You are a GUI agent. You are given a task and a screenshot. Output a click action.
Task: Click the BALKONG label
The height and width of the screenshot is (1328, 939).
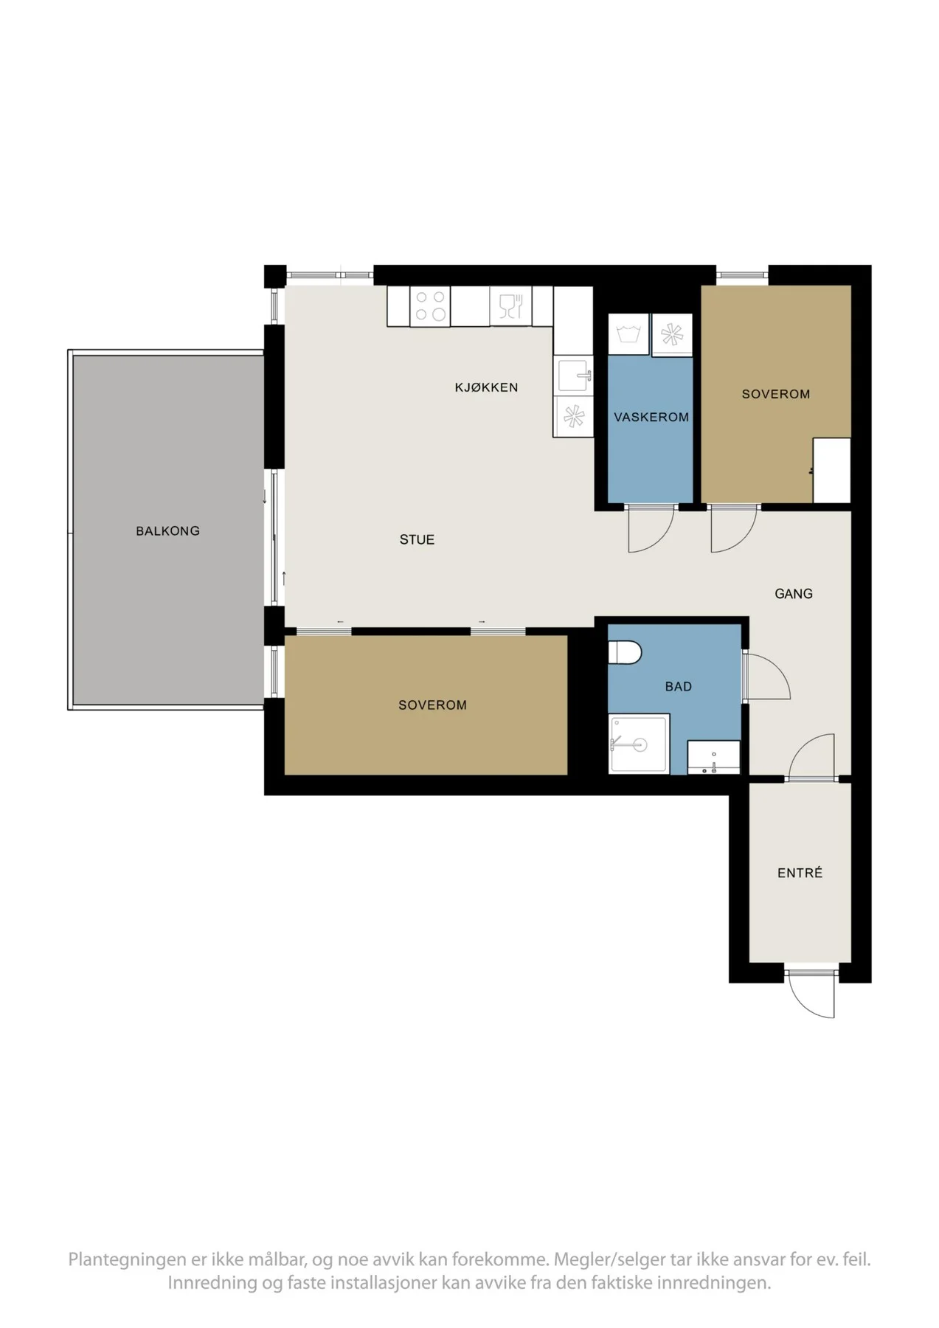pos(167,531)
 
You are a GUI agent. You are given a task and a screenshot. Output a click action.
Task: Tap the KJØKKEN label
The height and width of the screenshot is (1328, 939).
pos(486,387)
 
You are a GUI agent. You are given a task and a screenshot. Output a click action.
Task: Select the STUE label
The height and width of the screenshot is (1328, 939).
pos(417,540)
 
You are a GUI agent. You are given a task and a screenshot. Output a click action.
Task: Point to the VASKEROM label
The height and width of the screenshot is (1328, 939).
pos(651,418)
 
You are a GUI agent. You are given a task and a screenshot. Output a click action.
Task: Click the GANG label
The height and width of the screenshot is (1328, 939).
pos(794,594)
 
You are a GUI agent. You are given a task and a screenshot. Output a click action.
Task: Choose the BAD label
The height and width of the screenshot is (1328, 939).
pos(679,687)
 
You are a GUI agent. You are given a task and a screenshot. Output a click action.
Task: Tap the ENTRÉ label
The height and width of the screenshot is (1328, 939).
pos(800,873)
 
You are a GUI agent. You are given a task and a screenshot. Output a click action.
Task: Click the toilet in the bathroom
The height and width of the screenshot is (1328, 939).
pos(626,652)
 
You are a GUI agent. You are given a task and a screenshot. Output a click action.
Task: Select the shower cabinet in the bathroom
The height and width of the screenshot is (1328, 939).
pos(640,744)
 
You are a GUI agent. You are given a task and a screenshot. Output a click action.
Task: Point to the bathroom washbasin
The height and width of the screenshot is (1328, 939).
pos(713,758)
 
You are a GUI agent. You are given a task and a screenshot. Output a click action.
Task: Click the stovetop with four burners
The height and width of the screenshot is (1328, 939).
pos(431,306)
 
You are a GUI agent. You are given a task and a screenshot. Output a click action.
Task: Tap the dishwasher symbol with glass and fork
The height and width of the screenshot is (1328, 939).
pos(510,306)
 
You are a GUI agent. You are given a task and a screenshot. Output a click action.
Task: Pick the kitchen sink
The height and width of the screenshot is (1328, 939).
pos(573,376)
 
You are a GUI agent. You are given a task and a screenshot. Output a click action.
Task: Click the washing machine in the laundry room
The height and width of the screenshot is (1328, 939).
pos(629,335)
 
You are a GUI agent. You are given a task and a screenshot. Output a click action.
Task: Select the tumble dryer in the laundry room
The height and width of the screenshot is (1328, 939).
pos(672,335)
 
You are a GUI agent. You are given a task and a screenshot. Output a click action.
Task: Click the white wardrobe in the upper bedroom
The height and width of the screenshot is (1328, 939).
pos(832,471)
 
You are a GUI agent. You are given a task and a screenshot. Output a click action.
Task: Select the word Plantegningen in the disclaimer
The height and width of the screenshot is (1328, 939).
pos(127,1259)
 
